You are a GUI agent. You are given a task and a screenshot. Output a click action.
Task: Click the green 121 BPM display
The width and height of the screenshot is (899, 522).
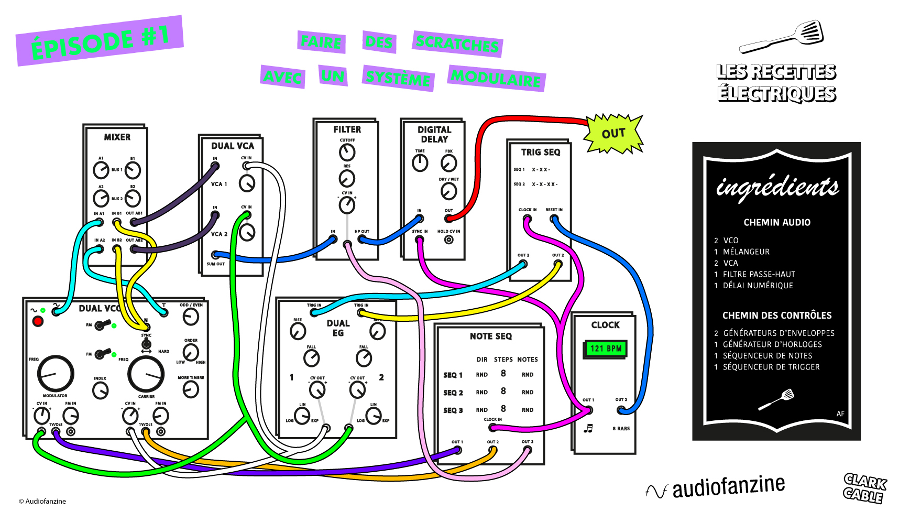pos(606,349)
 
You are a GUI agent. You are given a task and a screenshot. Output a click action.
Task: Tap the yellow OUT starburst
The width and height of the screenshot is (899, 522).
pos(613,134)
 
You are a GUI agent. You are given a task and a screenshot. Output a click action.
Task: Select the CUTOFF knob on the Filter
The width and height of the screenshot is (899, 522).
pos(347,153)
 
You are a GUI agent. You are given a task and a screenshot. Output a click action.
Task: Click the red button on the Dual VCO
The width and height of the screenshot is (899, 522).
pos(38,321)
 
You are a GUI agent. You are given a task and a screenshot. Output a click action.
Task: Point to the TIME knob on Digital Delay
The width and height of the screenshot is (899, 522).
pos(420,164)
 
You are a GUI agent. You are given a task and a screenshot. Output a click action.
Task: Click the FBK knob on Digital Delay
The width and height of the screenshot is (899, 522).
pos(448,164)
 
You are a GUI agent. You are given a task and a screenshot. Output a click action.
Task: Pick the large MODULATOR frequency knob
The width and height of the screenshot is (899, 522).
pos(56,373)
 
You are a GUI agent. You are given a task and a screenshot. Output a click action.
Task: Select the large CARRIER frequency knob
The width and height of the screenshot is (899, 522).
pos(146,374)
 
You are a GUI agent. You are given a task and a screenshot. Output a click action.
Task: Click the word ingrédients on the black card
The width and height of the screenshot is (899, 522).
pos(777,188)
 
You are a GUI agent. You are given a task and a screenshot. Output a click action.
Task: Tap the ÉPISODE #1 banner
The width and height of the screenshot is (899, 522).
pos(100,41)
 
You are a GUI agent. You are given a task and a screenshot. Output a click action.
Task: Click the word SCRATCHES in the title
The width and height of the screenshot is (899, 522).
pos(457,43)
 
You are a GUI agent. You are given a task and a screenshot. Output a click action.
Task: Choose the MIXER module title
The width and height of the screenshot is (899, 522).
pos(117,137)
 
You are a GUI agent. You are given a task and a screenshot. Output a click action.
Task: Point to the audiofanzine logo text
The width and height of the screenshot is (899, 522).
pos(728,487)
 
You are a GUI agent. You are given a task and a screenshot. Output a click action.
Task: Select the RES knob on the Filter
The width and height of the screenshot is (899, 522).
pos(347,179)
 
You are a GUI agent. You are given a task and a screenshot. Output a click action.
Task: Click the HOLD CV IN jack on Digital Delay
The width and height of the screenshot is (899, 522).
pos(448,240)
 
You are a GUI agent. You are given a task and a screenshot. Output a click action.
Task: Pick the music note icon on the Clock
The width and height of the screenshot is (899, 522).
pos(588,429)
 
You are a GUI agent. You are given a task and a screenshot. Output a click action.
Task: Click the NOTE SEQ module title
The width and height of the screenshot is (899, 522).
pos(490,336)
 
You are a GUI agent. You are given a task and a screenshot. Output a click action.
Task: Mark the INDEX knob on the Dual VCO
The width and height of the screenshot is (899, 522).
pos(100,390)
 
